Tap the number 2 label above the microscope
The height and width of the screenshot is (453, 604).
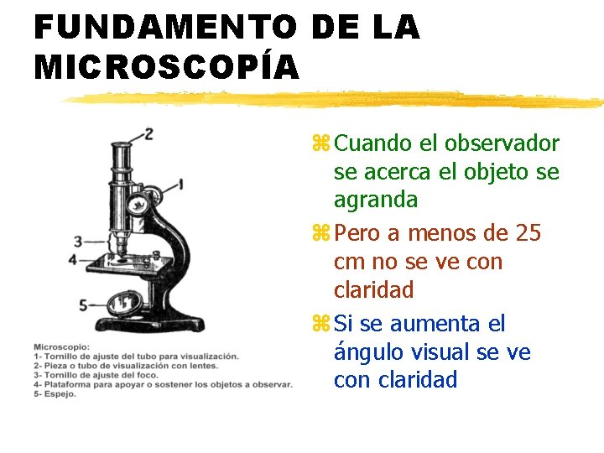148,134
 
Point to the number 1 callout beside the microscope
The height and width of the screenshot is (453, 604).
182,182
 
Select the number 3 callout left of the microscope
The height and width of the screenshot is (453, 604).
78,242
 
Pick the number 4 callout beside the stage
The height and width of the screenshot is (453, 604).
73,259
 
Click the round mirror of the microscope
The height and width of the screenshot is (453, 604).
127,302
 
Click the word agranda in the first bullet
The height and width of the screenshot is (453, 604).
375,200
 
